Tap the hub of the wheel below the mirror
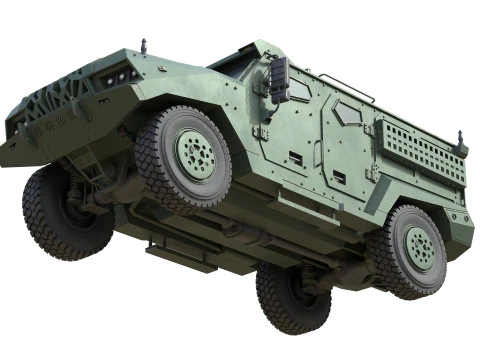tap(194, 153)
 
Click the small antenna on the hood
tap(143, 45)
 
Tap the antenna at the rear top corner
tap(460, 138)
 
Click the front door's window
tap(297, 89)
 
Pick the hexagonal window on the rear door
tap(348, 114)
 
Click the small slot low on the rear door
tap(339, 177)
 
